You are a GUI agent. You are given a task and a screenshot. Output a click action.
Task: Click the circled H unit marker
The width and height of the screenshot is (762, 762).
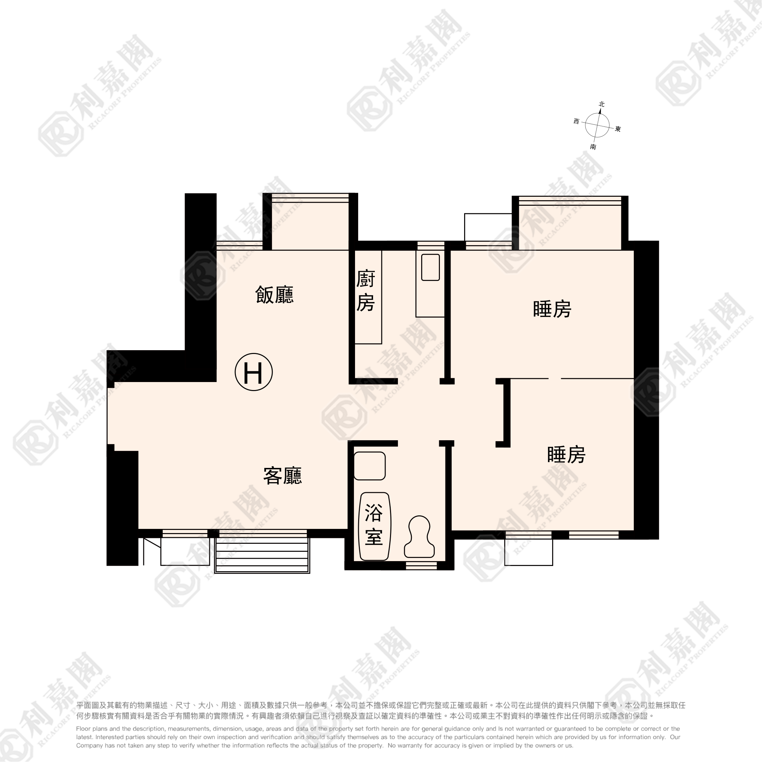[254, 372]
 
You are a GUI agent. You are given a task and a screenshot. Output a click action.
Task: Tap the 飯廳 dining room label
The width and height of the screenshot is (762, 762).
[275, 295]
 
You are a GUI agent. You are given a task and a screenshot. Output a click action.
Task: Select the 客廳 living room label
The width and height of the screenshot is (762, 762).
[282, 476]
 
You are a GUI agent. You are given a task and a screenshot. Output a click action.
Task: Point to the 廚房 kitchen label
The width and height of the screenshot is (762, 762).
[366, 291]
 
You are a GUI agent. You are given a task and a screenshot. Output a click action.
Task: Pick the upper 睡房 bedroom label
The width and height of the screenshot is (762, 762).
[552, 309]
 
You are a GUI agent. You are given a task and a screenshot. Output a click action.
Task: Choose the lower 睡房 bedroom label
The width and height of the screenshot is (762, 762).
[566, 454]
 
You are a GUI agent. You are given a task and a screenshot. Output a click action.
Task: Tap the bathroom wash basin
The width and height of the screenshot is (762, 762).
[370, 466]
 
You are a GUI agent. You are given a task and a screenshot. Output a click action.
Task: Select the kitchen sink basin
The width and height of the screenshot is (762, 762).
[430, 267]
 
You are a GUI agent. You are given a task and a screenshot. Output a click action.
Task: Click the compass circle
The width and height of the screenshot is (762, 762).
[597, 125]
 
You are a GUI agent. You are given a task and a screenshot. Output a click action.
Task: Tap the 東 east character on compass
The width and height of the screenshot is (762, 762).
[618, 129]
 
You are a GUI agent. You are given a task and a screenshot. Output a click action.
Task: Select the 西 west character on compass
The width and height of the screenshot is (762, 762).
[576, 122]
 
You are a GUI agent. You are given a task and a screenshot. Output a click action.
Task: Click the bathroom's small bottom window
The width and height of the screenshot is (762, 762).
[421, 566]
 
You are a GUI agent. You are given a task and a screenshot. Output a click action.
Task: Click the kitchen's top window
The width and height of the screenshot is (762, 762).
[431, 245]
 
